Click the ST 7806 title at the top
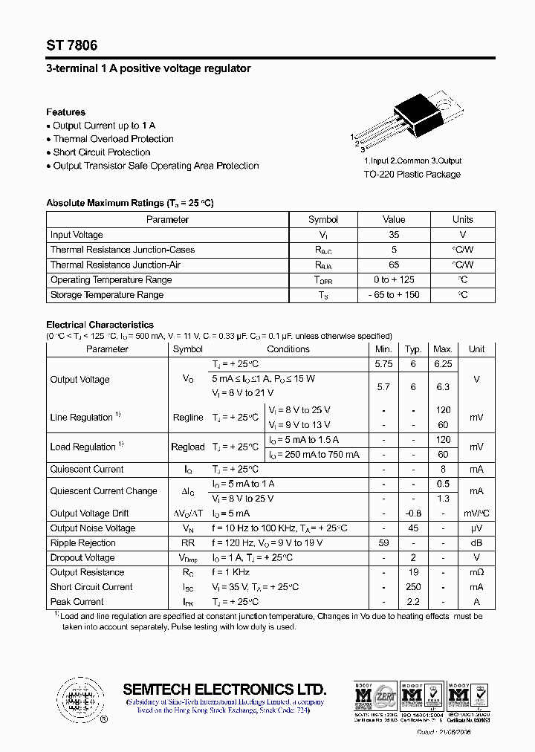tap(71, 45)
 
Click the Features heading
tap(65, 112)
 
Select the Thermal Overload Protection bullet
tap(113, 139)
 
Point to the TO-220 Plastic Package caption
tap(412, 175)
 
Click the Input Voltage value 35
tap(394, 235)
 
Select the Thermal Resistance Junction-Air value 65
tap(394, 265)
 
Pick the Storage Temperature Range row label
tap(106, 295)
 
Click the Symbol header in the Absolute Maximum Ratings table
tap(322, 219)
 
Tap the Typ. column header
tap(413, 349)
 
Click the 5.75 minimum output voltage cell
tap(383, 364)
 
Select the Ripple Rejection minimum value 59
tap(383, 543)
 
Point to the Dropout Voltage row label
tap(82, 558)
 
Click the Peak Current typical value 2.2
tap(413, 602)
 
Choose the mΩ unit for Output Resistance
tap(476, 573)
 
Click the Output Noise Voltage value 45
tap(413, 528)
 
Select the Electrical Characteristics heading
tap(100, 325)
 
